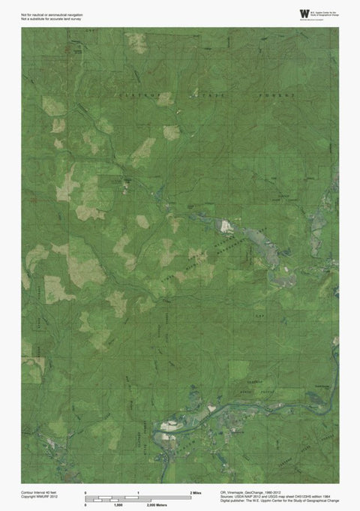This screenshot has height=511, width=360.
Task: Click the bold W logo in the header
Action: (304, 14)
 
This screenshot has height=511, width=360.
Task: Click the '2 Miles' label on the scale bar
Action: (196, 491)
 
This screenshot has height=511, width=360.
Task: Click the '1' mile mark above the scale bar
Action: (139, 491)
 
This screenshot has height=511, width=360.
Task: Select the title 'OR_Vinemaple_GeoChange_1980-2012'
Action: (256, 491)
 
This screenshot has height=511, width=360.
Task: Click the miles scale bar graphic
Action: (139, 497)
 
